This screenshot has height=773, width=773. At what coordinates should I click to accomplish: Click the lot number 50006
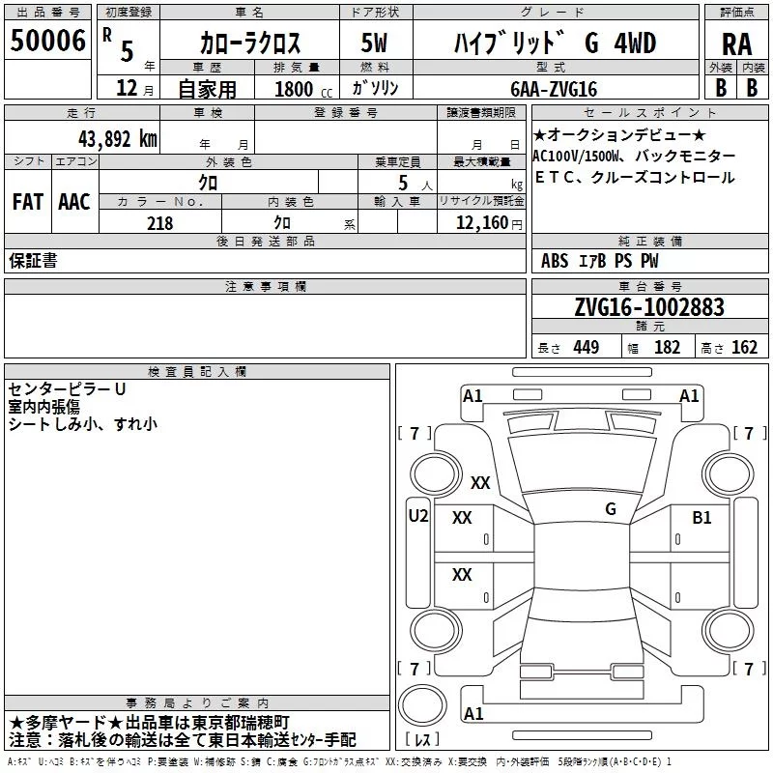pyautogui.click(x=47, y=41)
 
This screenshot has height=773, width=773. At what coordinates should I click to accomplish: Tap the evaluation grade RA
pyautogui.click(x=737, y=44)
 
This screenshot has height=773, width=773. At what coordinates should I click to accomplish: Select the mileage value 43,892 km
pyautogui.click(x=117, y=139)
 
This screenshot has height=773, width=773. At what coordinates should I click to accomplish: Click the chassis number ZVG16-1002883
pyautogui.click(x=649, y=307)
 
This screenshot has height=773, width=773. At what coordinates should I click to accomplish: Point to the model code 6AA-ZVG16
pyautogui.click(x=554, y=89)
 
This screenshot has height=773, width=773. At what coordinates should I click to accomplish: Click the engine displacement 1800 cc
pyautogui.click(x=303, y=89)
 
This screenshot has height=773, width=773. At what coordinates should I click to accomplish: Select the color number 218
pyautogui.click(x=159, y=223)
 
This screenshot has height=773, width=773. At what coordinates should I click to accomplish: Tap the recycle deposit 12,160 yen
pyautogui.click(x=489, y=223)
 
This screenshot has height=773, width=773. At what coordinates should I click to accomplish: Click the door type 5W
pyautogui.click(x=374, y=43)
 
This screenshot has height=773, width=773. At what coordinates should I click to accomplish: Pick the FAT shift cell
pyautogui.click(x=28, y=202)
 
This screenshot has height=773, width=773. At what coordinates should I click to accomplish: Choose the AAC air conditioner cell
pyautogui.click(x=74, y=202)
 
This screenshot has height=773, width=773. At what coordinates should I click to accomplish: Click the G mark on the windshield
pyautogui.click(x=611, y=509)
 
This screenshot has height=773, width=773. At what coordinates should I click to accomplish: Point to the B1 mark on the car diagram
pyautogui.click(x=701, y=518)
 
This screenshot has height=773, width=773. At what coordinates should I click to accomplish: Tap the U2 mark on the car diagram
pyautogui.click(x=418, y=516)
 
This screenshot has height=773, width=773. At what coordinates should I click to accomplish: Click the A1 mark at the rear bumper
pyautogui.click(x=473, y=713)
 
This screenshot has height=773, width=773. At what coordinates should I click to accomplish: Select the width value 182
pyautogui.click(x=667, y=348)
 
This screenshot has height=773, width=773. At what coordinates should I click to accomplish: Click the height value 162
pyautogui.click(x=744, y=348)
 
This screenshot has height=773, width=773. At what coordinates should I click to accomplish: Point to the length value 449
pyautogui.click(x=587, y=348)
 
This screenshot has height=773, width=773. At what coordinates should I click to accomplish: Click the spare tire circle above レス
pyautogui.click(x=422, y=705)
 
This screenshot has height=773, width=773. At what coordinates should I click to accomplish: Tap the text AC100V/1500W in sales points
pyautogui.click(x=575, y=157)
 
